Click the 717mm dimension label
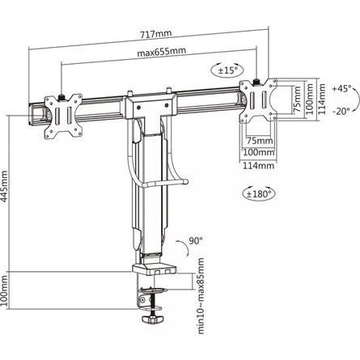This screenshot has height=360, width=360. pos(155,34)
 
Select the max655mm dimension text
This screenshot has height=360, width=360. pos(162,52)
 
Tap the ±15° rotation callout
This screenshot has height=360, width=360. pos(227,70)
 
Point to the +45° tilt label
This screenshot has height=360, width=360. pos(342,88)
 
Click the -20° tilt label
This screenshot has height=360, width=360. pos(342,111)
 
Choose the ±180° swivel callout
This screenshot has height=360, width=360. pos(259,193)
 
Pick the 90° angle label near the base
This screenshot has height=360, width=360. pos(196,240)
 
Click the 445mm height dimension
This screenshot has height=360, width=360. pos(4,186)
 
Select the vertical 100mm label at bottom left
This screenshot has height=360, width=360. pos(4,290)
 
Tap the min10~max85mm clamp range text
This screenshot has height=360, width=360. pos(201,296)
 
